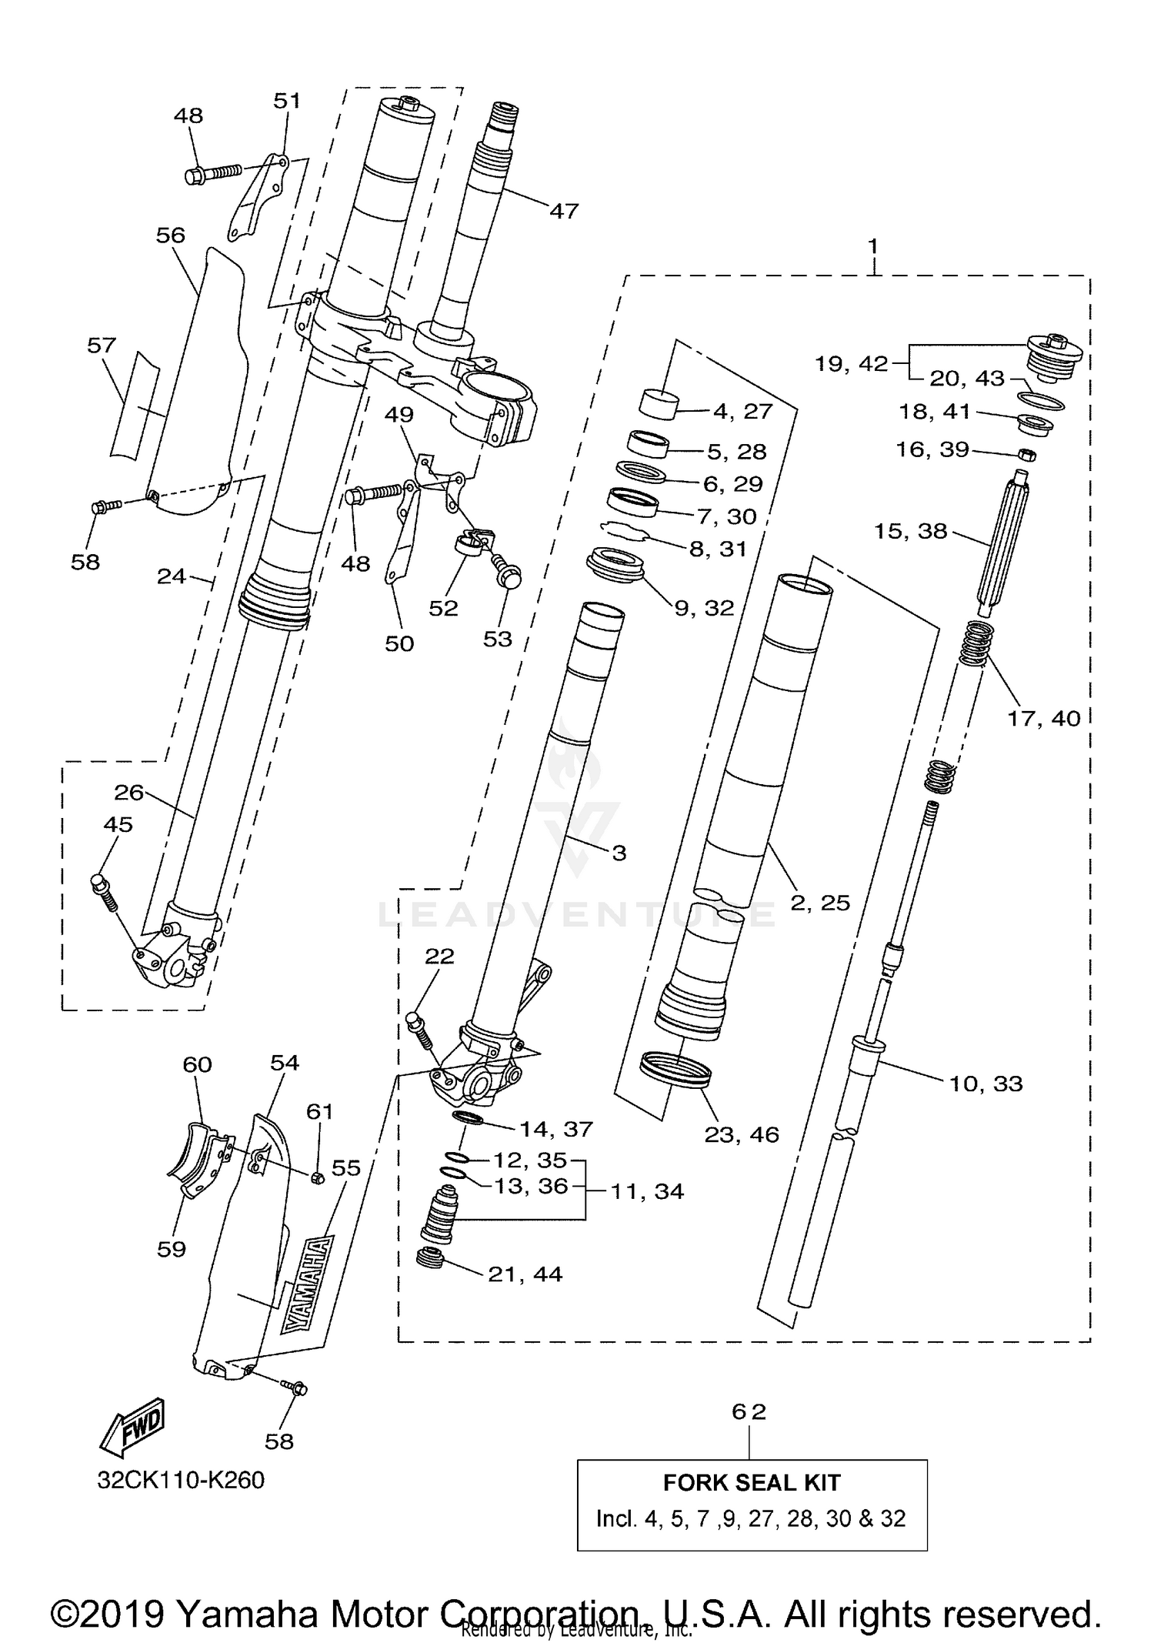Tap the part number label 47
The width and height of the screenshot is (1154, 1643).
(x=563, y=210)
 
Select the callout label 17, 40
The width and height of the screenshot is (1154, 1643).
(x=1044, y=718)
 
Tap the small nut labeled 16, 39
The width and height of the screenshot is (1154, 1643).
(x=1026, y=454)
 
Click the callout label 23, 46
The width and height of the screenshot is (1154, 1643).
(x=742, y=1134)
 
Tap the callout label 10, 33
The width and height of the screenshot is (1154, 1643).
(x=986, y=1084)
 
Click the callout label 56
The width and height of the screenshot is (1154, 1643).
(x=170, y=235)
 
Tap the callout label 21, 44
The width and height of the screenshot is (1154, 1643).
(x=525, y=1274)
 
